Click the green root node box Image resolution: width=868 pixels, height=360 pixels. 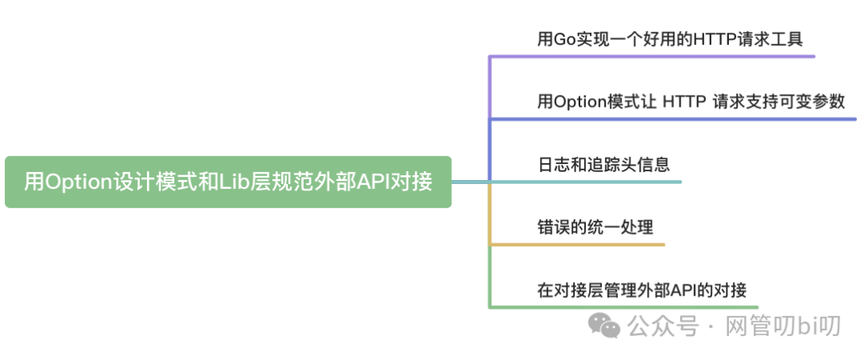(227, 182)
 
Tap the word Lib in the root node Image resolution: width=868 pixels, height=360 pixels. (232, 182)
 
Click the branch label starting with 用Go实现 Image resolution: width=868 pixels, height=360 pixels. (669, 38)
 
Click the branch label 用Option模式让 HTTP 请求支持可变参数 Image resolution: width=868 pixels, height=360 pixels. (691, 101)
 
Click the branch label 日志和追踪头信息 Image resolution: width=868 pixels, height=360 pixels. (604, 164)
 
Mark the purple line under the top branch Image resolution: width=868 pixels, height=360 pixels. (651, 56)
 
